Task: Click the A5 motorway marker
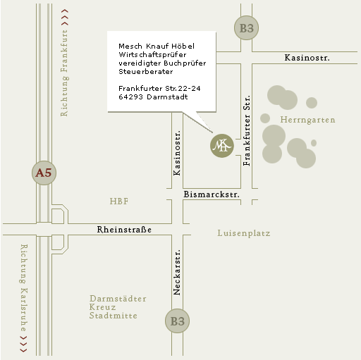(44, 173)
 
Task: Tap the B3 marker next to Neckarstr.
(177, 321)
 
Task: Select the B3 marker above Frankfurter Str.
(246, 28)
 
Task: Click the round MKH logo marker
(222, 146)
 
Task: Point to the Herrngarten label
(307, 120)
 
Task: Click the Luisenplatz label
(244, 233)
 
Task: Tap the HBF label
(119, 201)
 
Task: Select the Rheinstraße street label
(124, 230)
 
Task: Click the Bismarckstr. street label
(212, 194)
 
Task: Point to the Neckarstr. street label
(177, 272)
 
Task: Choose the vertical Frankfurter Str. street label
(247, 130)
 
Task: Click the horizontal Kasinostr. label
(307, 58)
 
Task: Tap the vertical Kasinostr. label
(177, 153)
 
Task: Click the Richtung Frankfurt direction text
(64, 73)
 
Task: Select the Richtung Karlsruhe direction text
(23, 287)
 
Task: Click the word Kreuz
(102, 307)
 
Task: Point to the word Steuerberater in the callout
(146, 72)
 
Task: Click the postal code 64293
(130, 97)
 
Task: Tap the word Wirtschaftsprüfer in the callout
(152, 55)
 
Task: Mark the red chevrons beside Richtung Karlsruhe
(23, 345)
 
